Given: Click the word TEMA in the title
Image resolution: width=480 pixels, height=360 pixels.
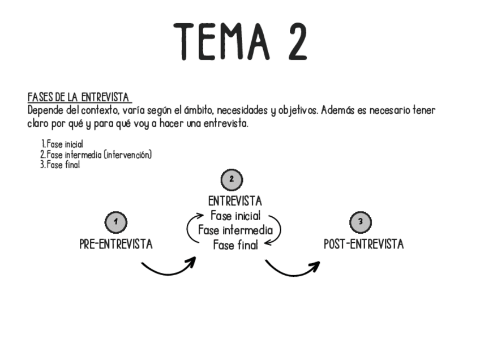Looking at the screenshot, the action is point(218,42).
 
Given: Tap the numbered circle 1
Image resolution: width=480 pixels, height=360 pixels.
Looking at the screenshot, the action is point(116,222).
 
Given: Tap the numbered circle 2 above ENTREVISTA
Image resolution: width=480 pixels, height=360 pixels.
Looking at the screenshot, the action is point(232,179).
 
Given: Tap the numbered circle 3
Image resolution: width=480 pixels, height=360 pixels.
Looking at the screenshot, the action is point(361,222).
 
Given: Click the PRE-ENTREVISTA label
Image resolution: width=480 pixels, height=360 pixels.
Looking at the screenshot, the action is point(116,245).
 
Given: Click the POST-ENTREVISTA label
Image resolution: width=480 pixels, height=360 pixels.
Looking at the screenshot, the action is point(364,245).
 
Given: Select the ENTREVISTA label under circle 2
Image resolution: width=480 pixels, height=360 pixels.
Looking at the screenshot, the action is point(235,202).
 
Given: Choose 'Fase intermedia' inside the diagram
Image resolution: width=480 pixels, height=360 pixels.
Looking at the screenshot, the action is point(235,230).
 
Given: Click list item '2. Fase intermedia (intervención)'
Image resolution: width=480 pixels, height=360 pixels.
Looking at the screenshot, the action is point(96,155).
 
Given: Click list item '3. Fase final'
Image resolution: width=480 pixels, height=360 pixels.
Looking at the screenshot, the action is point(60,165).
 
